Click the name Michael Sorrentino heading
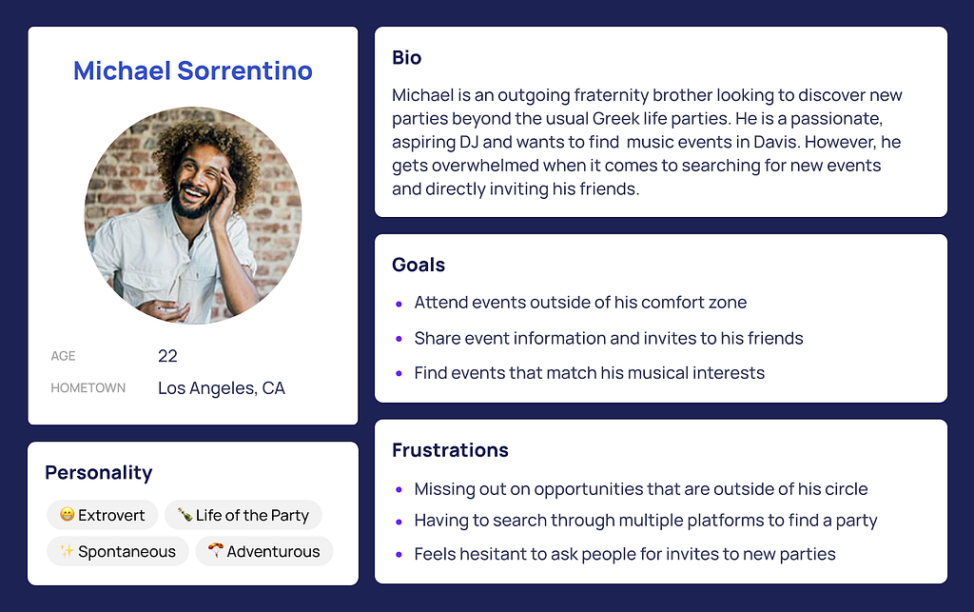(x=192, y=70)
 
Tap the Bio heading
(x=407, y=58)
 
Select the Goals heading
(x=419, y=266)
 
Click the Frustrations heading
(x=450, y=450)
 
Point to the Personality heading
(x=99, y=473)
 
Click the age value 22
(x=167, y=356)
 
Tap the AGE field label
(x=63, y=356)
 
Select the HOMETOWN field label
(x=88, y=387)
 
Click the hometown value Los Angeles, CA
(x=222, y=388)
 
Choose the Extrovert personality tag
(x=103, y=515)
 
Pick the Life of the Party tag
(x=243, y=515)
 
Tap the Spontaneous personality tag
(x=118, y=551)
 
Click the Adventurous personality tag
(x=264, y=551)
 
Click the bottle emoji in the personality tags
(x=185, y=515)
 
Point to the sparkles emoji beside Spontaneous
(x=68, y=550)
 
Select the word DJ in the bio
(x=468, y=142)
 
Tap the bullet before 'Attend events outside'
(x=399, y=304)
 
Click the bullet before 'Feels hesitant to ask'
(x=399, y=555)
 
